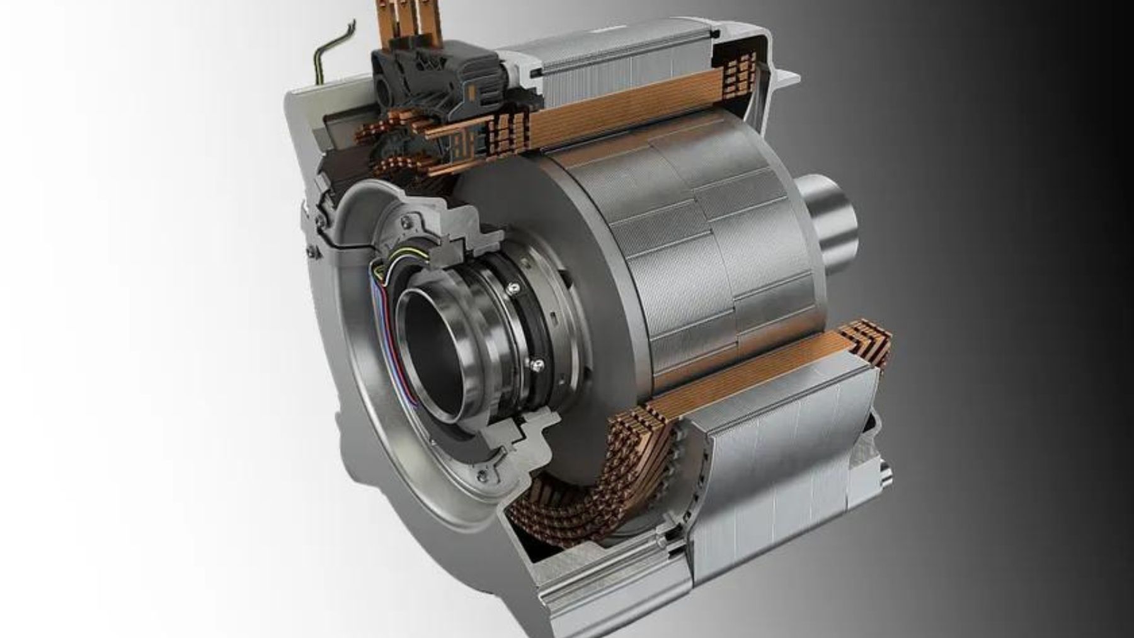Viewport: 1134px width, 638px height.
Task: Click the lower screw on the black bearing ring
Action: point(537,363)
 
